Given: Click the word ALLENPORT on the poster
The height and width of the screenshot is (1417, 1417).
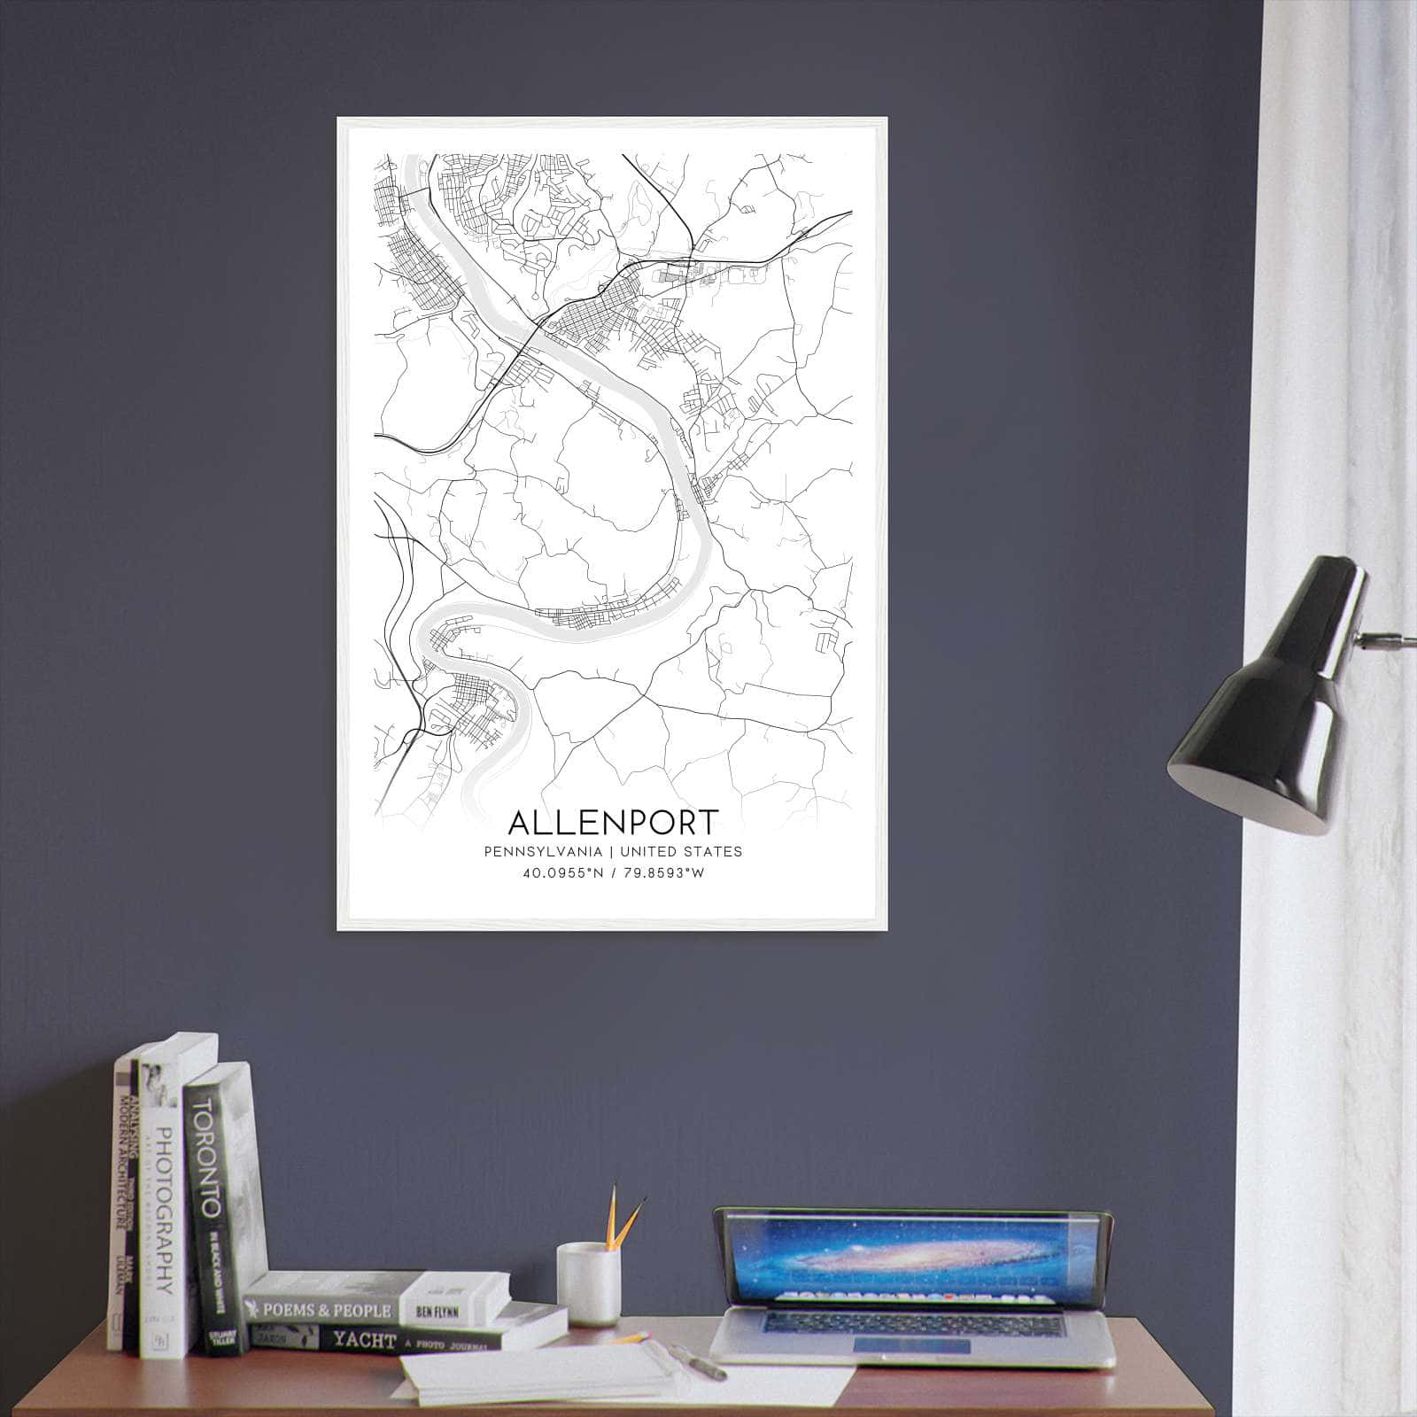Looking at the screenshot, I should [613, 822].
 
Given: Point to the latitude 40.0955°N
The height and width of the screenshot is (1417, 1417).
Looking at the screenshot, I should [562, 873].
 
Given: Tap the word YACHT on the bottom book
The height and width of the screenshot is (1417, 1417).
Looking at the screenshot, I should [364, 1340].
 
